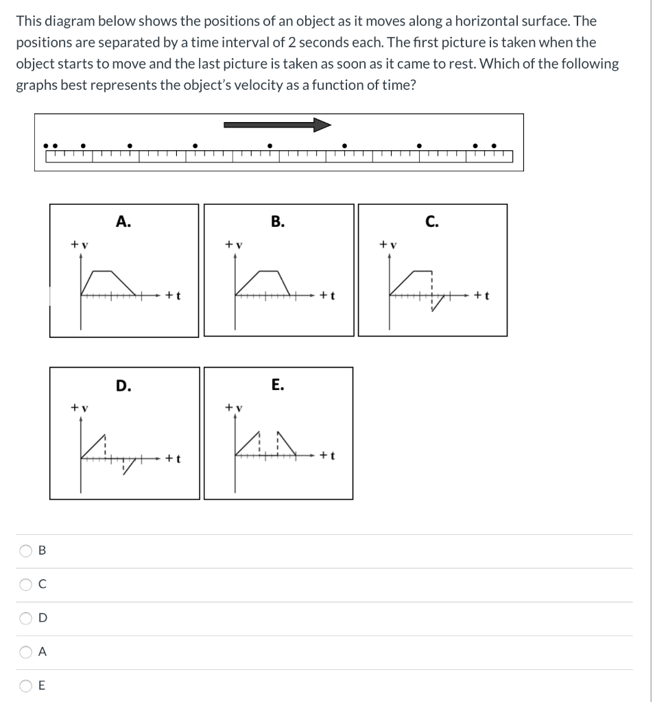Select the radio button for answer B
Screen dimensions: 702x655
(26, 550)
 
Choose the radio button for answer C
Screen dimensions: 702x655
(26, 585)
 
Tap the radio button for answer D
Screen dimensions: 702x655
(26, 618)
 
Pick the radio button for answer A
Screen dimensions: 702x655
(26, 653)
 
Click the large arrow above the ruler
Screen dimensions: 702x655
(277, 125)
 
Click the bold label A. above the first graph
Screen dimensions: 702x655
(123, 221)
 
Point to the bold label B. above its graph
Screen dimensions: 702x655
(276, 221)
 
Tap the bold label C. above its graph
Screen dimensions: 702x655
(431, 221)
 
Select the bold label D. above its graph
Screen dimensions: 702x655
(123, 385)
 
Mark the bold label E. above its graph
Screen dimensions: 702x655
(276, 385)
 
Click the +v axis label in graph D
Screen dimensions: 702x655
(79, 407)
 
